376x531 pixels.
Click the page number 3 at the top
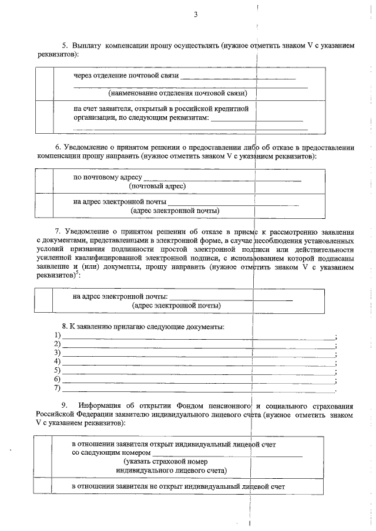pos(196,15)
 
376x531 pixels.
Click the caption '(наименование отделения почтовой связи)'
pos(177,93)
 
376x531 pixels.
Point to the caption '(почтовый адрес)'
pos(157,186)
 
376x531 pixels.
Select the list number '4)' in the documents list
pos(58,361)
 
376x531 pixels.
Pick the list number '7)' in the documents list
pos(58,388)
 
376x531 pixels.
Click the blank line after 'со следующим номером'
pos(227,455)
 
